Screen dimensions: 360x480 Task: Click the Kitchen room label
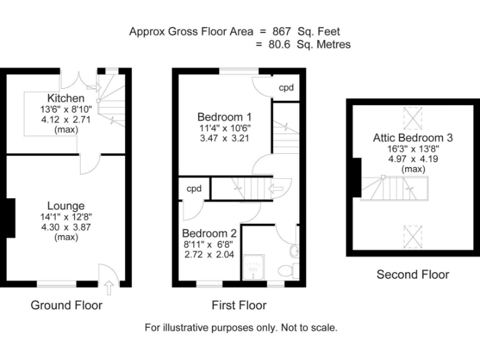66,99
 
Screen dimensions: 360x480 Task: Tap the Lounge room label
66,206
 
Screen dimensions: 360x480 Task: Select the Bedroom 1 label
224,117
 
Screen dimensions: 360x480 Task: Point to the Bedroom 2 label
211,234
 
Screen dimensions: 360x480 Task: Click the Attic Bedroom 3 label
412,138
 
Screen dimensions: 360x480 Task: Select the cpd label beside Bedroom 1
286,87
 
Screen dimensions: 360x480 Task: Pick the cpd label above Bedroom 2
192,189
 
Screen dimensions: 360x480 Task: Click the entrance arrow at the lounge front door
110,287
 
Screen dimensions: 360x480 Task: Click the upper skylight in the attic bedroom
413,116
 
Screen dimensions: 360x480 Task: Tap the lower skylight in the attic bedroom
413,236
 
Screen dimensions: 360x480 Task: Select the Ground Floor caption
66,306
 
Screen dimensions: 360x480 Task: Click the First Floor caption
238,306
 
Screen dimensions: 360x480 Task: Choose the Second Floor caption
412,274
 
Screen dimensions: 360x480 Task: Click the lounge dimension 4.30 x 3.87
66,227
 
